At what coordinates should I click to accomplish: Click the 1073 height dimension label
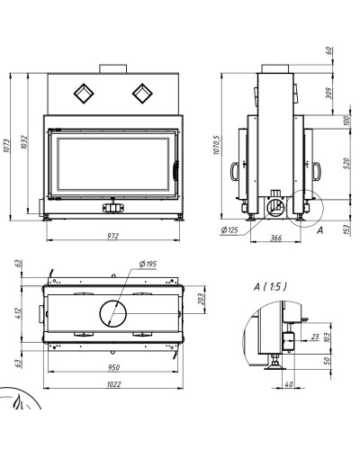tap(6, 146)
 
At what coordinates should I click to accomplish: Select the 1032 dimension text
tap(23, 142)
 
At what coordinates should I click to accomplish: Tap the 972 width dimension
tap(113, 236)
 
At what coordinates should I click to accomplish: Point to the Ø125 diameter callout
tap(229, 230)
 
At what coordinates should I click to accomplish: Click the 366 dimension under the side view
tap(276, 238)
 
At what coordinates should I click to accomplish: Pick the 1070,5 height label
tap(217, 145)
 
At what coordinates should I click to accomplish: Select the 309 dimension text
tap(328, 93)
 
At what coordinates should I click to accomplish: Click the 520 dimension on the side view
tap(346, 163)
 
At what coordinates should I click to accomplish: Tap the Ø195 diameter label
tap(148, 264)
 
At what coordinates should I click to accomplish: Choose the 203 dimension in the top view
tap(201, 299)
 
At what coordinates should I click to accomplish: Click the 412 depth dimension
tap(18, 313)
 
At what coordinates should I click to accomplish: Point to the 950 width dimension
tap(113, 367)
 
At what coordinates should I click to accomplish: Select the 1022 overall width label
tap(113, 384)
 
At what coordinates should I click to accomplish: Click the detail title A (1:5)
tap(270, 287)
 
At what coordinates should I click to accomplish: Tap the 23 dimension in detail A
tap(315, 337)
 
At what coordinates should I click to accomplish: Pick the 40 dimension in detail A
tap(288, 383)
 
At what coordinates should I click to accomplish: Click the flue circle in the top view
tap(113, 301)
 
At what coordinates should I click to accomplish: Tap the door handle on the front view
tap(175, 171)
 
